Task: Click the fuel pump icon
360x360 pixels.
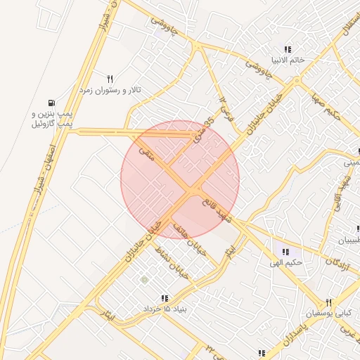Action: point(53,101)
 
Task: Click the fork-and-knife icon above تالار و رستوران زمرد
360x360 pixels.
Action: point(110,79)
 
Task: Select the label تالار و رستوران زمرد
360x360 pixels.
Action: point(110,91)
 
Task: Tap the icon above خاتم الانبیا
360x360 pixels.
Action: point(288,49)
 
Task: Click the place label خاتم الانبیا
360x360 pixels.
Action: point(287,60)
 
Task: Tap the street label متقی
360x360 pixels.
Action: point(148,155)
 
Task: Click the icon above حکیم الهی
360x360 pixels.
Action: point(285,252)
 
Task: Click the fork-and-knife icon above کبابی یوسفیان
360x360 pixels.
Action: point(328,302)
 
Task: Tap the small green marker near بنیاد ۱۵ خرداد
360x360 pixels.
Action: point(144,281)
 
